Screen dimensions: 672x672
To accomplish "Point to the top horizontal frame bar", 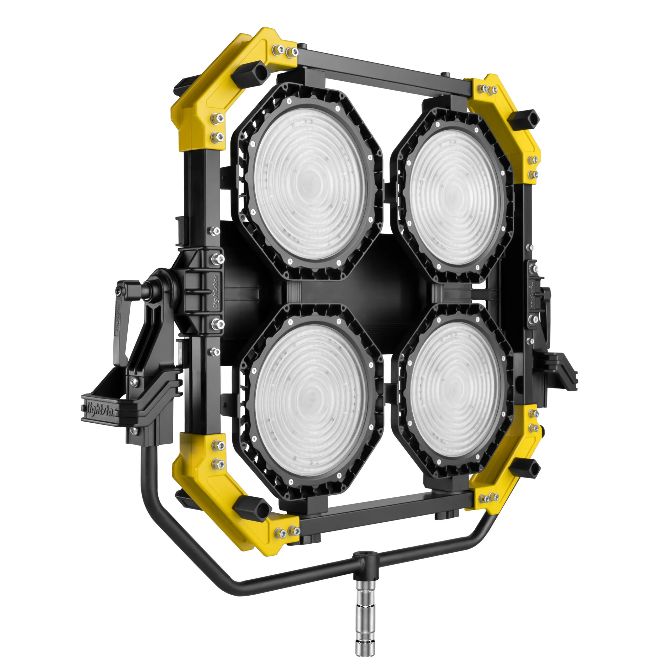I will tap(383, 73).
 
